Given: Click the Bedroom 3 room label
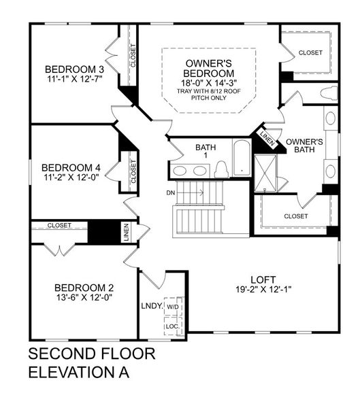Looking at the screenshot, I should (x=74, y=69).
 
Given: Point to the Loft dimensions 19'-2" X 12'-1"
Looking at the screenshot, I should (x=262, y=289).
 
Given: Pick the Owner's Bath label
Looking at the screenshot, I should (x=304, y=147).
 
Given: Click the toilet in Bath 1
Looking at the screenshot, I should (x=220, y=169).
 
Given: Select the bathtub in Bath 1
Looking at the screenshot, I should (x=242, y=158).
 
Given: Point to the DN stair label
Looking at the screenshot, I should (x=171, y=192).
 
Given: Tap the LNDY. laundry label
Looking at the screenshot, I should (x=150, y=306).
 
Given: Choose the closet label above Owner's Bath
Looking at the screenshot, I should (x=310, y=52).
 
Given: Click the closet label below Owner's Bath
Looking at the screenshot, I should (x=295, y=216).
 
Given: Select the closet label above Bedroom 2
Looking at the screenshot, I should (x=59, y=225).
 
